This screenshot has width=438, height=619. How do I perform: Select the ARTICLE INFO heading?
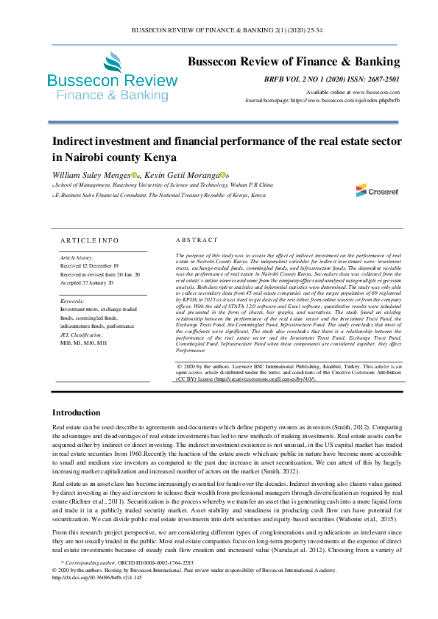88,240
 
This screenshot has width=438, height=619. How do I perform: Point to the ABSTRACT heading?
197,240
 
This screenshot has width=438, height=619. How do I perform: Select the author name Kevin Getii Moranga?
182,175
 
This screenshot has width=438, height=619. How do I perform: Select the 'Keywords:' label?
71,301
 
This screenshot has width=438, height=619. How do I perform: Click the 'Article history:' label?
77,258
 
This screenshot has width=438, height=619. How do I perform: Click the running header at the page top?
219,30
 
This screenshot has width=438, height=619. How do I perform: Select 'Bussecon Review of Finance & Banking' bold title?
294,61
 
